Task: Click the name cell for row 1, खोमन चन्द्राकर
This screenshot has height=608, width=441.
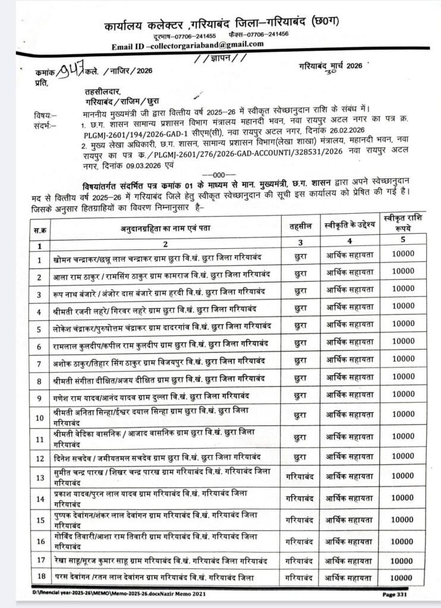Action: (157, 258)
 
